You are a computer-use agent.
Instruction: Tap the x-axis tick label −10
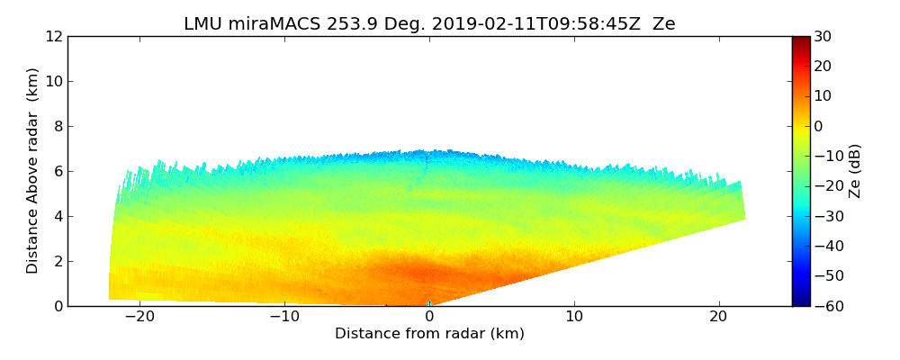click(x=283, y=317)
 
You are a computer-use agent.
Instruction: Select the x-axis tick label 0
click(x=429, y=317)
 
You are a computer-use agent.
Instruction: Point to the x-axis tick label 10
click(x=574, y=317)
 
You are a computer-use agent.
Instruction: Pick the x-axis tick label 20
click(x=719, y=317)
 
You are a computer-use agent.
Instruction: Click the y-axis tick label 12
click(x=54, y=36)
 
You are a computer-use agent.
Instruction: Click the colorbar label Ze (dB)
click(x=855, y=171)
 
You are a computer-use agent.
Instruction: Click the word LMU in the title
click(x=203, y=24)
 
